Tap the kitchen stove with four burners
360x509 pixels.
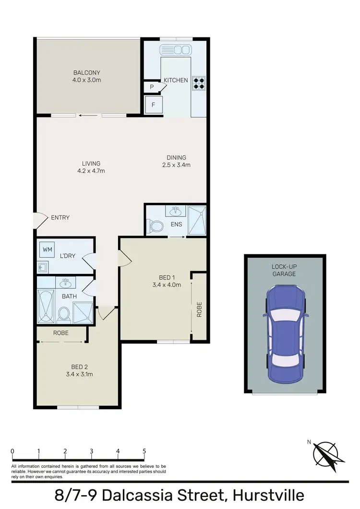pyautogui.click(x=199, y=83)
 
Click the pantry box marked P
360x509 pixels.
pyautogui.click(x=152, y=87)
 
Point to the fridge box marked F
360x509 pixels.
pyautogui.click(x=154, y=105)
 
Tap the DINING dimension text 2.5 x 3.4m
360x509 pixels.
pyautogui.click(x=176, y=165)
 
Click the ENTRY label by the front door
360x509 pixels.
pyautogui.click(x=60, y=218)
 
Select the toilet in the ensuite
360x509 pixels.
pyautogui.click(x=156, y=225)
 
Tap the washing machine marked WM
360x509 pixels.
pyautogui.click(x=47, y=249)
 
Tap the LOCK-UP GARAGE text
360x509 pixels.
pyautogui.click(x=283, y=270)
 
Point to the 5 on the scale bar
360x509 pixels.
pyautogui.click(x=144, y=451)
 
